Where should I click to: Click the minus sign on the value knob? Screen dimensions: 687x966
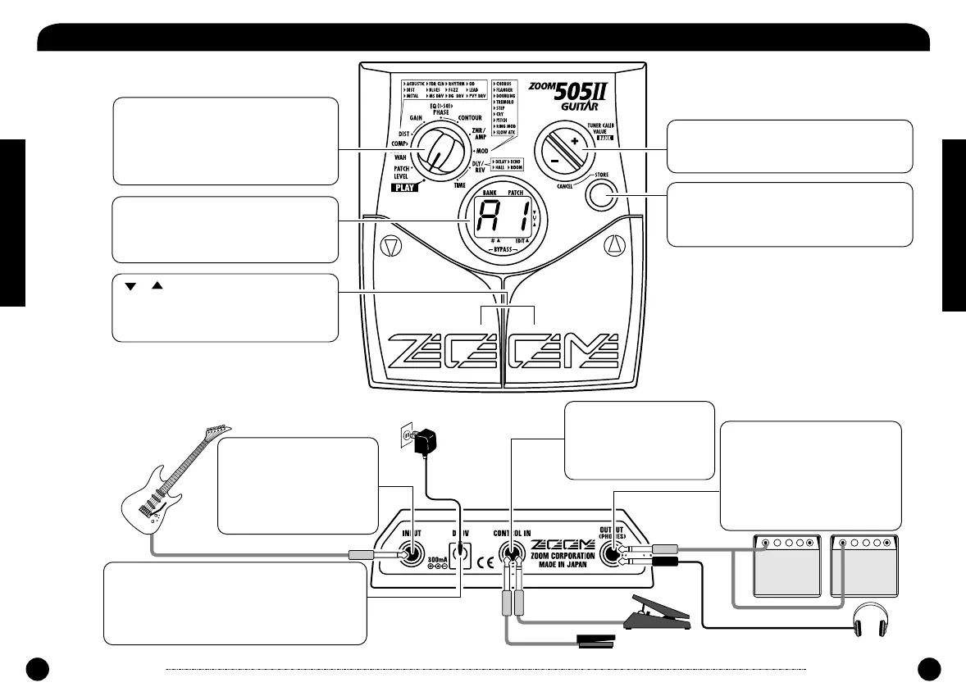554,162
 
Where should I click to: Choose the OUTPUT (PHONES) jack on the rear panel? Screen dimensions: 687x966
611,555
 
